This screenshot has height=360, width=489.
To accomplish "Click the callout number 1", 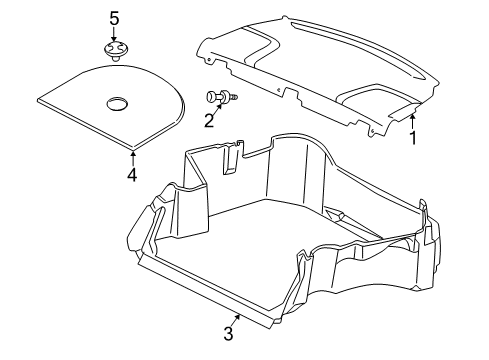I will tap(411, 139).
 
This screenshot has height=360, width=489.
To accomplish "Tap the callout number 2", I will tap(208, 122).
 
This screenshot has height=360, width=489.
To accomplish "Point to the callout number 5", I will tap(114, 18).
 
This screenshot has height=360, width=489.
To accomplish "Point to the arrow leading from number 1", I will tap(411, 120).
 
